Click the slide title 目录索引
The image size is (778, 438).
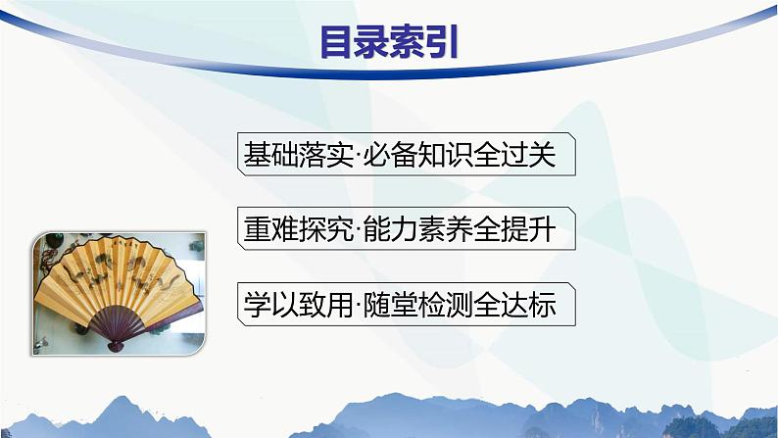(x=389, y=43)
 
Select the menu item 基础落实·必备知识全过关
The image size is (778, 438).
(x=406, y=156)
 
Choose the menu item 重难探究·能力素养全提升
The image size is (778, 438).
(x=406, y=230)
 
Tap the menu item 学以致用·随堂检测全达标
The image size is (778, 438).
(x=406, y=305)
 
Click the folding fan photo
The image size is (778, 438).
(x=120, y=291)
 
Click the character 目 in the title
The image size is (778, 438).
(x=338, y=43)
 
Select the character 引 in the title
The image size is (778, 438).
(x=441, y=43)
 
